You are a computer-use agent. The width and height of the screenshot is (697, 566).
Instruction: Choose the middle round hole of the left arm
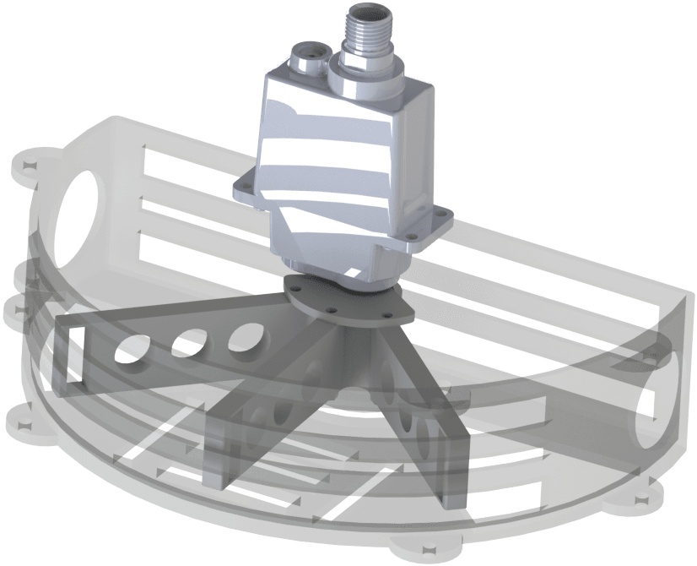pos(189,345)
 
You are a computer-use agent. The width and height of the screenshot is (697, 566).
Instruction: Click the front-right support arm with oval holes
pos(422,422)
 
